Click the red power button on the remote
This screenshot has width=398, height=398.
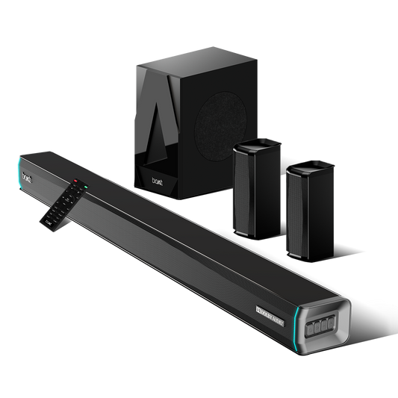pos(76,181)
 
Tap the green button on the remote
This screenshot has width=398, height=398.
pos(84,184)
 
